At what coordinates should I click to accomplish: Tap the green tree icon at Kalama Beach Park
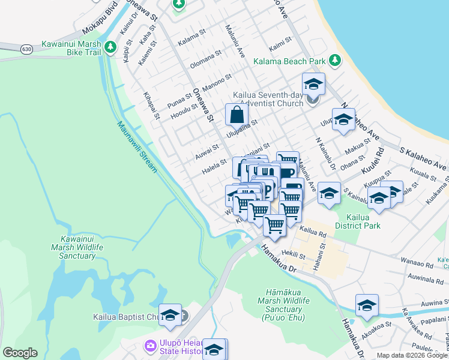click(334, 61)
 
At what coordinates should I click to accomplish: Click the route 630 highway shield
click(25, 48)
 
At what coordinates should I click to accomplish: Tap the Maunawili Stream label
click(137, 146)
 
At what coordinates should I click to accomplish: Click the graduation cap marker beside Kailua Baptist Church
click(170, 314)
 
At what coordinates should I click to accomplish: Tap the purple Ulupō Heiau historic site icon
click(149, 346)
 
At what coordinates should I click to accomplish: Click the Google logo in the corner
click(20, 353)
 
